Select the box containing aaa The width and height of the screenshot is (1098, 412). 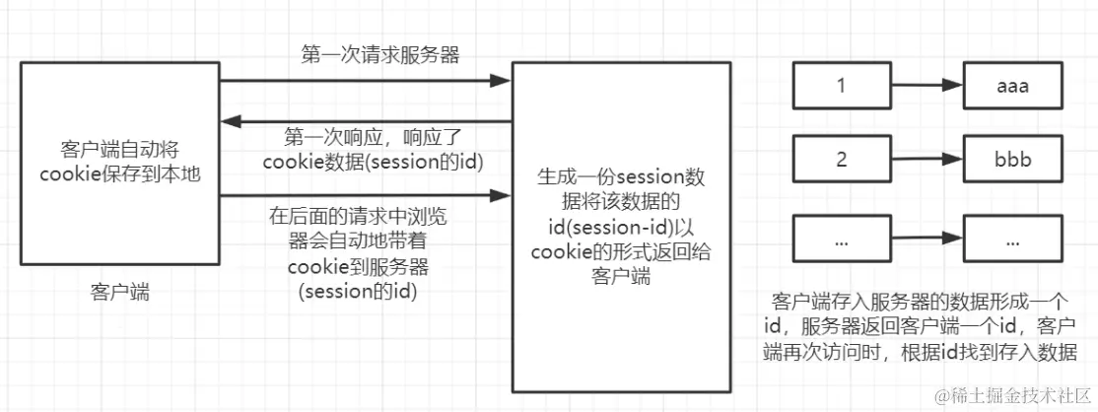pos(1011,87)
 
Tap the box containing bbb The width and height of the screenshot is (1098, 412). pos(1011,160)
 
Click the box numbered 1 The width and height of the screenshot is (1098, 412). pos(842,87)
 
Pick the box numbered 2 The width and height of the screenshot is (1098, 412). pos(842,160)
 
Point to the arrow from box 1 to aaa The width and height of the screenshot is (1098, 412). pos(926,87)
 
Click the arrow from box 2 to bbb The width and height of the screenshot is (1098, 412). pos(926,160)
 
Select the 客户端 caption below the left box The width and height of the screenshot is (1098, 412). pos(119,293)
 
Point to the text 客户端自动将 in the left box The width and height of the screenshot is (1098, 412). pos(118,150)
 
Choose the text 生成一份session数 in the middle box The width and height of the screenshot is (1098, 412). pos(620,179)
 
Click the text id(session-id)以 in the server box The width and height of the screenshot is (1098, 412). pos(620,227)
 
